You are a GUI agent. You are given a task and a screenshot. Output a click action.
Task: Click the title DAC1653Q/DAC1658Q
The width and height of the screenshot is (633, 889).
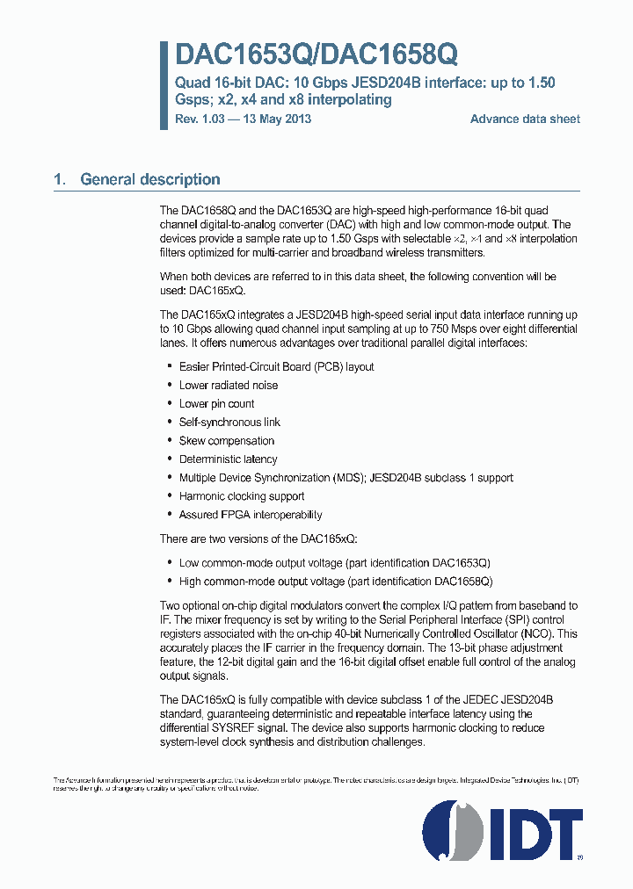click(316, 55)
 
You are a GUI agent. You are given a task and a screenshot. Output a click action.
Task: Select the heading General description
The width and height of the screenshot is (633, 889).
click(149, 179)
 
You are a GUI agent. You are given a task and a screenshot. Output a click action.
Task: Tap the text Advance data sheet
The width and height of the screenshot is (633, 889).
click(525, 119)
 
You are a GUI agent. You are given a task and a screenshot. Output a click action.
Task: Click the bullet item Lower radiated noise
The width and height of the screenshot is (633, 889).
click(228, 385)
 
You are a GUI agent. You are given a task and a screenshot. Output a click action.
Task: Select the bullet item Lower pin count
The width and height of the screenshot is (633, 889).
click(216, 404)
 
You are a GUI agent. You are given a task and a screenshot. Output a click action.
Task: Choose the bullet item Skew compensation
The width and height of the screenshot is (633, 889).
click(226, 441)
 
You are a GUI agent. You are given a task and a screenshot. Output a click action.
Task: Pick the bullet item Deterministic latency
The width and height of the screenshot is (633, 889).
click(228, 459)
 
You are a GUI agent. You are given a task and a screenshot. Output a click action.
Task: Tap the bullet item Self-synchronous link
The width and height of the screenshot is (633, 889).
click(229, 423)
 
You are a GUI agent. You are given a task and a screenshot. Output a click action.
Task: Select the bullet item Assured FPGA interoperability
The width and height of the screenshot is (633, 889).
click(250, 515)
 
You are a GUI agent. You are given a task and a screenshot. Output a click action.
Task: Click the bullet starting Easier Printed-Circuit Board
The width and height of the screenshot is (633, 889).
click(276, 366)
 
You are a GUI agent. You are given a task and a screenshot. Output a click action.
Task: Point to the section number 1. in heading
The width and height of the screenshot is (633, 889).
click(59, 179)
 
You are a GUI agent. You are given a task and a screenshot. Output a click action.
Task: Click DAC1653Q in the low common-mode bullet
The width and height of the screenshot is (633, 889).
click(460, 562)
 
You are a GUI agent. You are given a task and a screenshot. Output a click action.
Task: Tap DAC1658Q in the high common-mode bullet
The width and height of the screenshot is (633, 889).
click(462, 582)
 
